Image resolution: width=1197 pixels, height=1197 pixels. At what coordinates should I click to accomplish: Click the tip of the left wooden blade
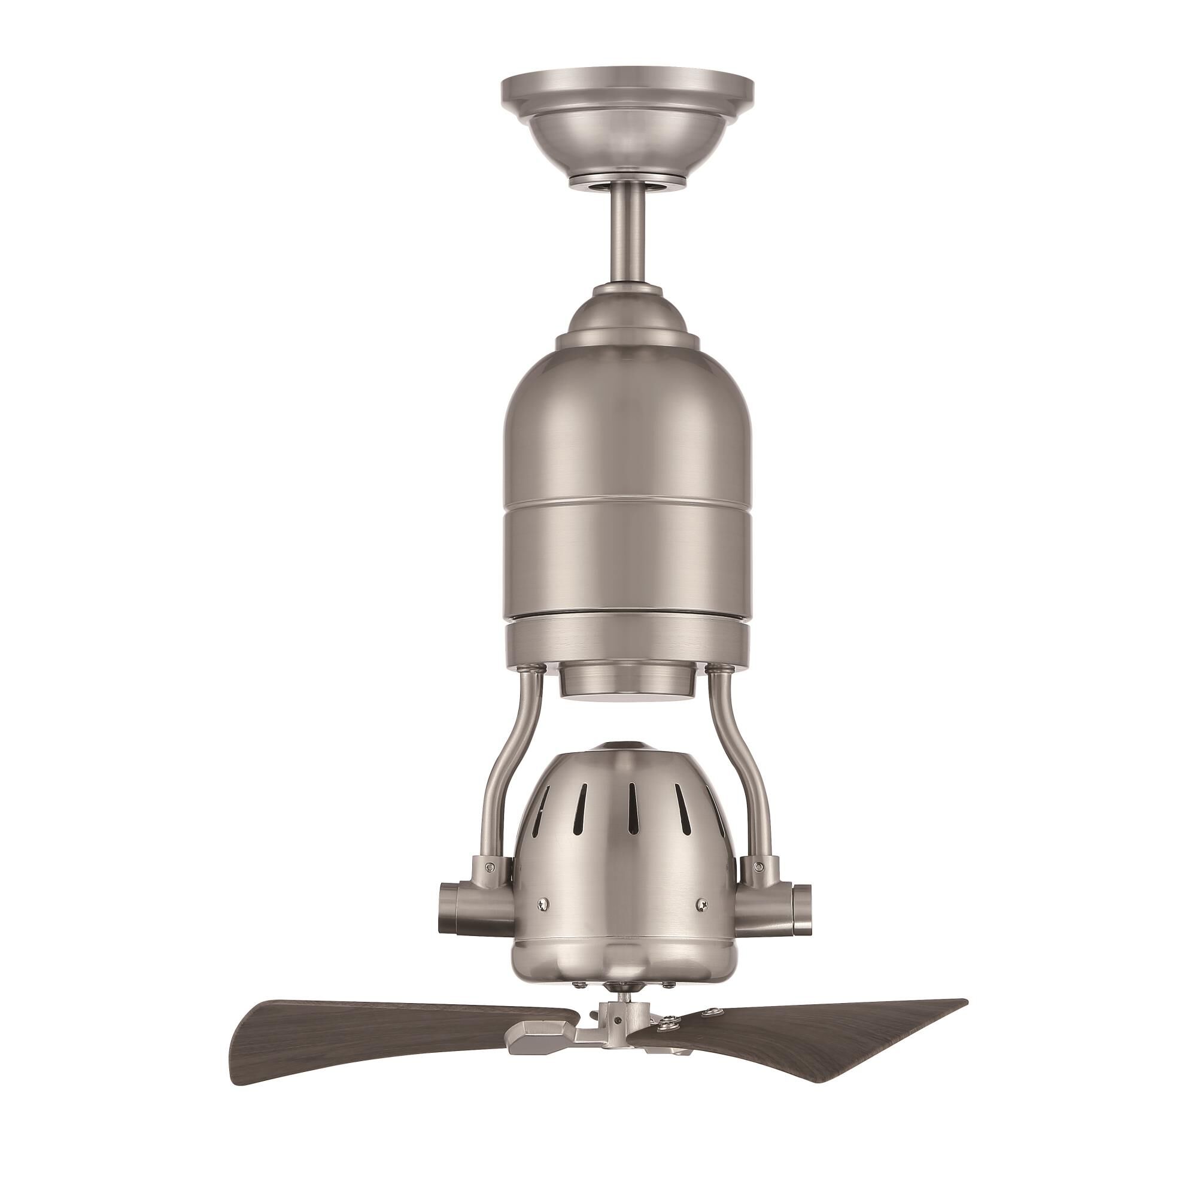[239, 1053]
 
